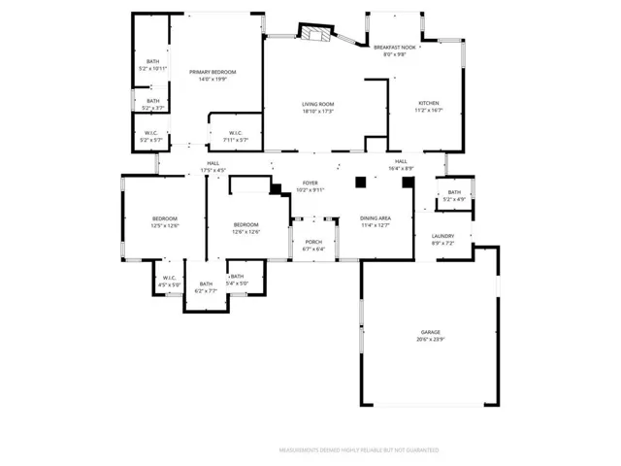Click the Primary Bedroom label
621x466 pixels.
point(212,72)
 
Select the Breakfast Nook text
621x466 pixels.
point(395,47)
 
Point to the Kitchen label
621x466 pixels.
point(428,103)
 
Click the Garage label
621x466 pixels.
point(430,332)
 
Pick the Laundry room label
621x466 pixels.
point(441,236)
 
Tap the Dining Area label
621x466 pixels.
point(376,218)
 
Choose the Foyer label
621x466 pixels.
point(310,183)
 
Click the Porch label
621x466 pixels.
point(313,242)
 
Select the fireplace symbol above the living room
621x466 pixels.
point(313,34)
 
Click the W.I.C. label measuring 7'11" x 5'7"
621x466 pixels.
point(235,133)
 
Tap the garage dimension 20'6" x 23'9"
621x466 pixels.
point(430,339)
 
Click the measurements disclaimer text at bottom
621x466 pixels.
point(358,450)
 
